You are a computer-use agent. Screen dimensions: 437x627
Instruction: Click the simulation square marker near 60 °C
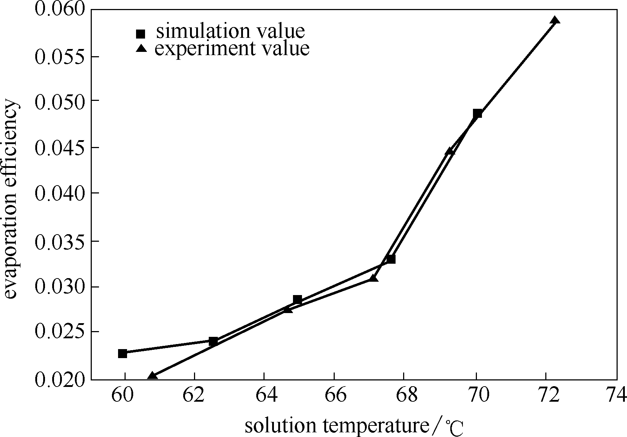[x=122, y=353]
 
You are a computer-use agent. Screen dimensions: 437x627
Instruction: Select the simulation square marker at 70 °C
[x=477, y=113]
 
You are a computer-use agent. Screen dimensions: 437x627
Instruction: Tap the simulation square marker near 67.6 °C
[x=391, y=259]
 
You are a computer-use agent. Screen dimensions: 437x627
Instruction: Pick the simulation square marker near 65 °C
[x=297, y=299]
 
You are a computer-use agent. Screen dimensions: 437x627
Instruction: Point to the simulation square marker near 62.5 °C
[x=213, y=341]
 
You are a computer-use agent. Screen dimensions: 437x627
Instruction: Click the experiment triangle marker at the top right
[x=555, y=20]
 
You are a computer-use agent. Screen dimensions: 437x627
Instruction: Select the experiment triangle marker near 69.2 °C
[x=450, y=151]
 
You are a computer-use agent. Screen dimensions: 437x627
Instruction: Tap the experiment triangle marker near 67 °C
[x=374, y=278]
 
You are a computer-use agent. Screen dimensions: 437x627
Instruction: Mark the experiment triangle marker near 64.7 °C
[x=288, y=309]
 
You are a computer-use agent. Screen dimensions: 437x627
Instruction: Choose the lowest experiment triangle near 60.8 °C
[x=152, y=376]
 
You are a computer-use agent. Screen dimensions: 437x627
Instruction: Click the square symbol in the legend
[x=140, y=34]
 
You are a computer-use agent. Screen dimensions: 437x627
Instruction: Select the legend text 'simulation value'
[x=230, y=31]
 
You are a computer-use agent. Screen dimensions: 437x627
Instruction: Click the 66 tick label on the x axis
[x=335, y=396]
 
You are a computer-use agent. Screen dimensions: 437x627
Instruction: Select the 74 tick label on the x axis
[x=616, y=396]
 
